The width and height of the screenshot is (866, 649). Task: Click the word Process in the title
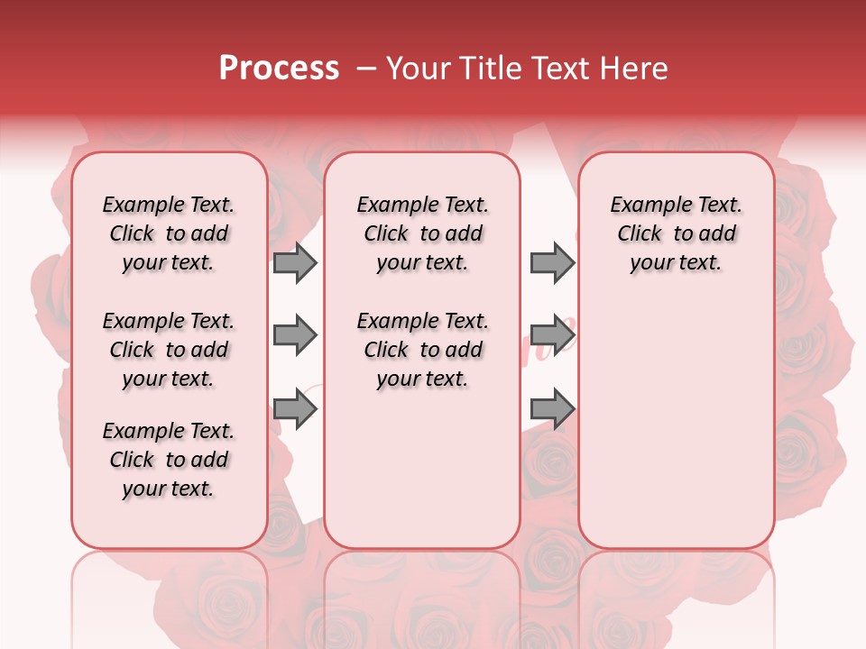279,69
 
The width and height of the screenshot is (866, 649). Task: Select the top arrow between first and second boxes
295,262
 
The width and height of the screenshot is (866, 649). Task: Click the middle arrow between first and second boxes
295,335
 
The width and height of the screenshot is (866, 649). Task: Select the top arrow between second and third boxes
552,262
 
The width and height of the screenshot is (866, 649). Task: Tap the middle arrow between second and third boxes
552,335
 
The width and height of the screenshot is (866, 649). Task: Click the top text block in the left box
169,233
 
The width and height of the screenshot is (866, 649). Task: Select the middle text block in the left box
169,350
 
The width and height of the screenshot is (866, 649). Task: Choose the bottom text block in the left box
169,460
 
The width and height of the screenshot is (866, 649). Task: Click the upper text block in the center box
422,233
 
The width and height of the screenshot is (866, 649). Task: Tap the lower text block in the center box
422,350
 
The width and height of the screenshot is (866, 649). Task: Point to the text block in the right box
676,233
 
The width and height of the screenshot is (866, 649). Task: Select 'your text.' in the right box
676,263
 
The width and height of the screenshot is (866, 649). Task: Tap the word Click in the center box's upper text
386,234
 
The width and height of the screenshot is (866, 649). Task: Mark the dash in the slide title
366,69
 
